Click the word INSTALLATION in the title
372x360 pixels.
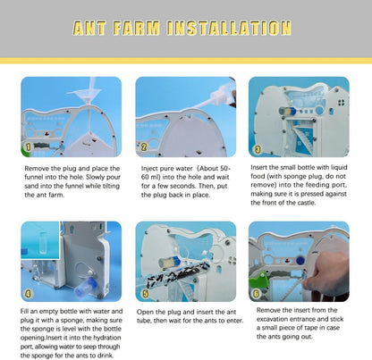pos(229,29)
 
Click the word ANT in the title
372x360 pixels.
pos(89,29)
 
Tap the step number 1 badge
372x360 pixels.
pos(28,147)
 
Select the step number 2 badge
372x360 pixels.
pos(144,147)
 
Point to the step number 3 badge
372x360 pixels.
pos(258,149)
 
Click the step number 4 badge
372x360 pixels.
pos(28,294)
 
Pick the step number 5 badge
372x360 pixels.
pos(145,294)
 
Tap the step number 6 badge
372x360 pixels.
pos(256,294)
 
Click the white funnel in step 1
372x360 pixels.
pos(87,92)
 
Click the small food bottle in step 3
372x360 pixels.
pos(287,112)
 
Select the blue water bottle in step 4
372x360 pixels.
pos(85,287)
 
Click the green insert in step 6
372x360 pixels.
pos(259,280)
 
